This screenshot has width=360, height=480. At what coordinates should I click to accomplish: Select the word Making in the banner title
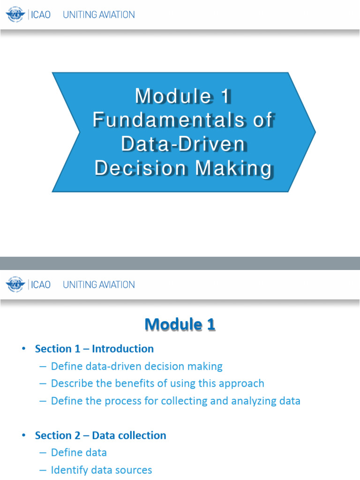point(233,168)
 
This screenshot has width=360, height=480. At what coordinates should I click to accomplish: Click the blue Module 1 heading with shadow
point(180,324)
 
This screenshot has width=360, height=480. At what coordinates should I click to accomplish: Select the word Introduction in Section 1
point(123,349)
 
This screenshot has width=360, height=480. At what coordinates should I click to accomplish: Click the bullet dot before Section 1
point(24,349)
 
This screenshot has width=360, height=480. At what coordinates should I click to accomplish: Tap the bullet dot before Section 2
point(24,436)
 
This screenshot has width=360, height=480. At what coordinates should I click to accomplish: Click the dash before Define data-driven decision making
point(43,367)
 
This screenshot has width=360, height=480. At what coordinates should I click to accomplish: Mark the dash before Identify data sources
point(43,470)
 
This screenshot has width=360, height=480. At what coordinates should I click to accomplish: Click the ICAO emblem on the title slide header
point(15,15)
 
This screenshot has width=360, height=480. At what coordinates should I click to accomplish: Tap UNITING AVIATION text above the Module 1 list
point(99,285)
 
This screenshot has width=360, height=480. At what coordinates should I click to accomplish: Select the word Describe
point(70,383)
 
